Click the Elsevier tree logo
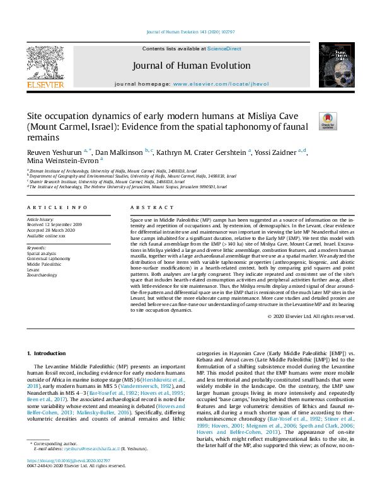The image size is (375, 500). coord(45,65)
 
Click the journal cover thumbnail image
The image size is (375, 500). coord(336,65)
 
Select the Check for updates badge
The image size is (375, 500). coord(328,121)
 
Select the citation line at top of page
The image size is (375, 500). coord(187,31)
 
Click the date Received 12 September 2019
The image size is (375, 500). coord(54,224)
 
